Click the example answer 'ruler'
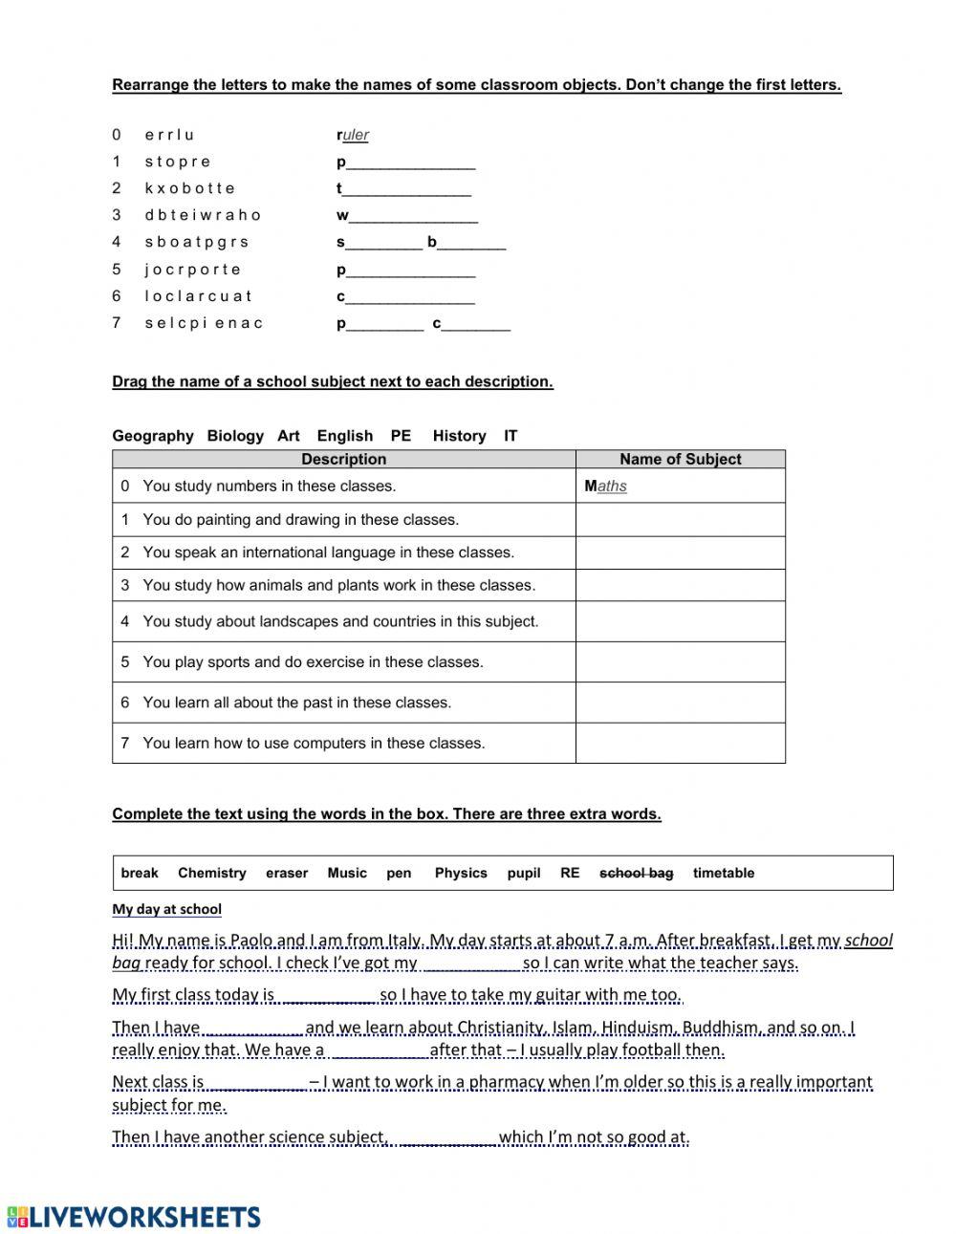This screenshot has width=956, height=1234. (x=353, y=135)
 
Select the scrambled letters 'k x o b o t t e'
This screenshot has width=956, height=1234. (x=189, y=188)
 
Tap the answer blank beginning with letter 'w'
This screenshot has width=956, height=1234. (x=408, y=216)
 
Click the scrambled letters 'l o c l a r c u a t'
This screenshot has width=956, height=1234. (x=198, y=296)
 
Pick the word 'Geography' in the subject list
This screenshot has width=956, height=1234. (x=153, y=436)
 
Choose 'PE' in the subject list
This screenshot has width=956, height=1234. (x=401, y=436)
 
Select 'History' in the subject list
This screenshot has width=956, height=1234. (x=459, y=436)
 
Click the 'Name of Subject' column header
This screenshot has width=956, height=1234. (x=680, y=459)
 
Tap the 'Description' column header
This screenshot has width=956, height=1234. (x=343, y=459)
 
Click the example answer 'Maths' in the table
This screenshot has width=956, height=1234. (x=606, y=486)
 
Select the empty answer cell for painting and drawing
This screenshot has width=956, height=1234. (x=680, y=520)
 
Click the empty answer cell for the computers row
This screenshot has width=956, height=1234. (x=680, y=743)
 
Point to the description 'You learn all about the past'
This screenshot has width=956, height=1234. (x=296, y=703)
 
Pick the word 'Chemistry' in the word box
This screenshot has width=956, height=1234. (x=211, y=873)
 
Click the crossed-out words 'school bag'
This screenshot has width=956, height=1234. (x=636, y=873)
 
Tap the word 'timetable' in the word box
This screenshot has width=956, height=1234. (x=723, y=873)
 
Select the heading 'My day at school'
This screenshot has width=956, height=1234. (x=166, y=909)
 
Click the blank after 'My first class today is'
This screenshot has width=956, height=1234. (x=328, y=996)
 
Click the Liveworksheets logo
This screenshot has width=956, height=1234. (x=133, y=1216)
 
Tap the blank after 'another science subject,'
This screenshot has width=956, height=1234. (x=445, y=1137)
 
